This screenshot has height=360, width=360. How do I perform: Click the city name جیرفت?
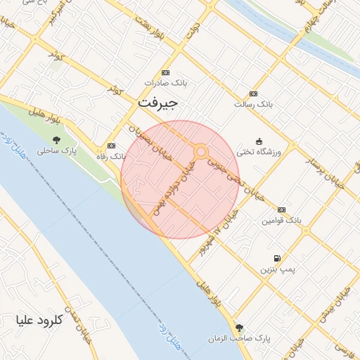158,103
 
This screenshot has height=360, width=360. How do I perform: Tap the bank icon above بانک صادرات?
166,72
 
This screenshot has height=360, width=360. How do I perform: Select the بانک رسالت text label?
253,104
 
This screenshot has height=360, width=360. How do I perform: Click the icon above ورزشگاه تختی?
259,141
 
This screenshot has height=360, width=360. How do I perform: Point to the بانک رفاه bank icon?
110,146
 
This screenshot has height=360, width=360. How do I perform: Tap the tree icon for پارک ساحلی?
57,140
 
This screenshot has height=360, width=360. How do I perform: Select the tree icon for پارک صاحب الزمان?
240,328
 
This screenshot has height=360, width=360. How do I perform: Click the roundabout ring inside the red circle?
201,151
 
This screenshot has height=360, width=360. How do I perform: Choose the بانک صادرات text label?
164,83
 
